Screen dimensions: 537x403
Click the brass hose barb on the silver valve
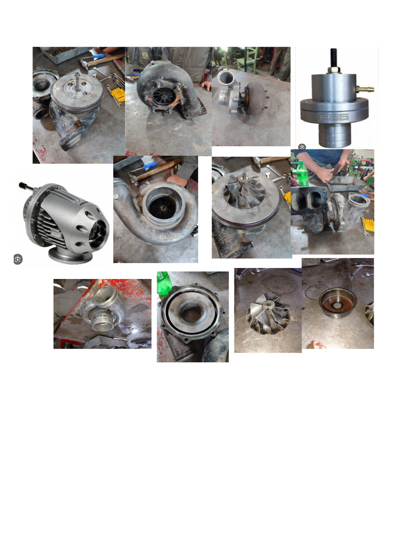tap(365, 90)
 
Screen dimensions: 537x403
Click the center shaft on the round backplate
tap(77, 82)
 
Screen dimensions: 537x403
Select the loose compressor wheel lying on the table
tap(268, 315)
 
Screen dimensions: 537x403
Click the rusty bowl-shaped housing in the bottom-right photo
tap(337, 300)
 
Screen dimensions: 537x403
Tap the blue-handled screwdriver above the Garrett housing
tap(149, 165)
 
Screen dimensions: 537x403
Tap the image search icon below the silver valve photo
tap(302, 147)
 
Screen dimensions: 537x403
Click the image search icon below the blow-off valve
tap(18, 259)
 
